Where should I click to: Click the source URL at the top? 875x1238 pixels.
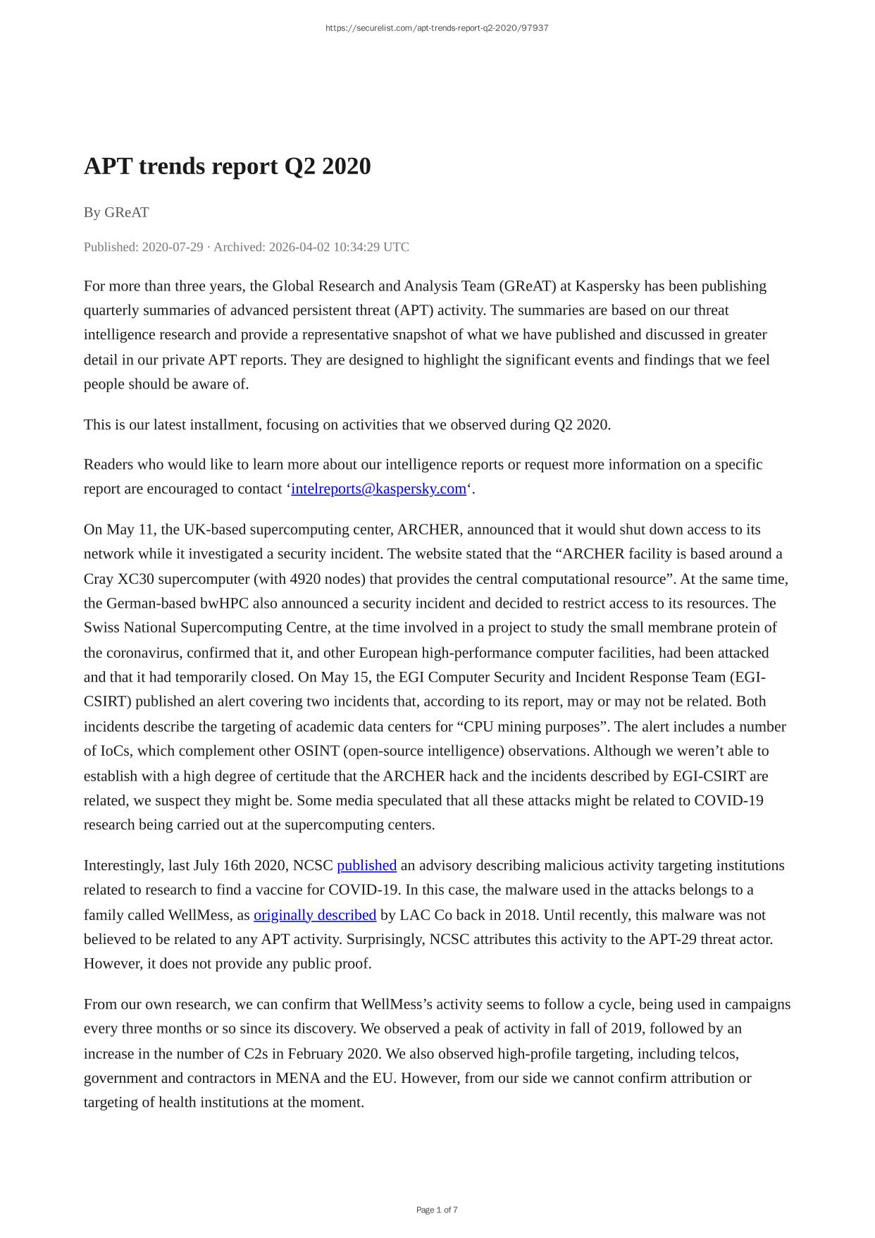tap(437, 28)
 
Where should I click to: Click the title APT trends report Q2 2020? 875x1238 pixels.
tap(227, 166)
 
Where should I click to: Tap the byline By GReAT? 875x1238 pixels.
tap(116, 212)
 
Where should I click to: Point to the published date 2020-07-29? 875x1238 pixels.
tap(173, 247)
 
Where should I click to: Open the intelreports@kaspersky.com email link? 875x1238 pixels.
tap(378, 489)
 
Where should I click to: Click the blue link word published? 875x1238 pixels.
tap(366, 865)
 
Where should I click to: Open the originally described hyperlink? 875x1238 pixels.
tap(314, 914)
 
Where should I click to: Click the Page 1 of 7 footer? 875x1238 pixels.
tap(437, 1210)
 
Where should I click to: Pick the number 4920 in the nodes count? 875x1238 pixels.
tap(306, 579)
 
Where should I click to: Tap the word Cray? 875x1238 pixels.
tap(99, 579)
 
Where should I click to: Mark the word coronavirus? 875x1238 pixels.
tap(143, 652)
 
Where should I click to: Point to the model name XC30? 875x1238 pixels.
tap(136, 579)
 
